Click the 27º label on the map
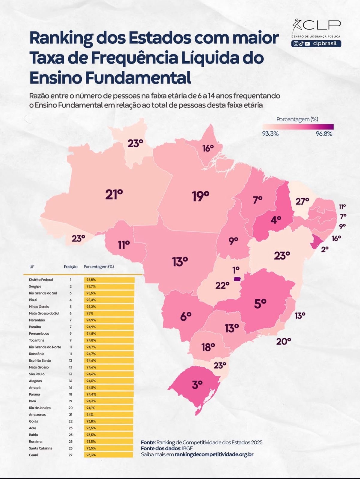tap(302, 201)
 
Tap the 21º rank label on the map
tap(114, 195)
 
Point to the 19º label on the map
tap(200, 196)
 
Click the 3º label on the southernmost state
tap(197, 384)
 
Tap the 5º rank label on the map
tap(260, 304)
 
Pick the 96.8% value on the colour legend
tap(324, 134)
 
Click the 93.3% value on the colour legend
tap(270, 134)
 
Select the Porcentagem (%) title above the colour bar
tap(297, 119)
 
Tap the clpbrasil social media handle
tap(325, 44)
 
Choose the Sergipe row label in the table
tap(35, 287)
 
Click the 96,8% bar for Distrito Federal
tap(109, 280)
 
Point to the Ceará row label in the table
tap(34, 455)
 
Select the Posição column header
tap(71, 267)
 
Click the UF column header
tap(32, 267)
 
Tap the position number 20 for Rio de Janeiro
tap(71, 408)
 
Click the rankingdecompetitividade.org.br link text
tap(214, 454)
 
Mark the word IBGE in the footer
tap(187, 448)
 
